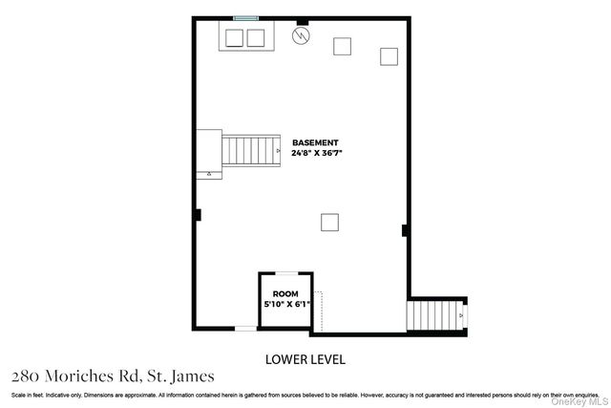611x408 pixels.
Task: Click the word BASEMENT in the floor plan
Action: (x=315, y=142)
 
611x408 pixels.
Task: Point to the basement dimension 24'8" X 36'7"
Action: (x=315, y=152)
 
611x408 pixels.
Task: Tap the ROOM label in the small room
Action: (x=285, y=293)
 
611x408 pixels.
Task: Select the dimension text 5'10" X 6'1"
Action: (x=285, y=304)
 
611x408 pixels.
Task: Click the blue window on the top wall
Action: (x=246, y=18)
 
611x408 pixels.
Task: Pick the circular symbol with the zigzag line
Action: (x=302, y=37)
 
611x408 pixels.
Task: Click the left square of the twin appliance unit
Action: (x=235, y=37)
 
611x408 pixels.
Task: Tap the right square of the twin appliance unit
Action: (x=255, y=37)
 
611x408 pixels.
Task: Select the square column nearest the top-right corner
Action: (x=389, y=56)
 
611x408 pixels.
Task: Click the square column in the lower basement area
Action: (x=328, y=222)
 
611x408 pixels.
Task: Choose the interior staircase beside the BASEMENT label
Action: (x=251, y=150)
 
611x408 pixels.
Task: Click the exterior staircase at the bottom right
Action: (x=435, y=313)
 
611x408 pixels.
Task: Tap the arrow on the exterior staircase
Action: (x=461, y=313)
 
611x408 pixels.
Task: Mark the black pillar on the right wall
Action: (x=405, y=229)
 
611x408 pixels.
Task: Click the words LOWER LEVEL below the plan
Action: (x=305, y=359)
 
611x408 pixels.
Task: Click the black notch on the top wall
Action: (x=303, y=20)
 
